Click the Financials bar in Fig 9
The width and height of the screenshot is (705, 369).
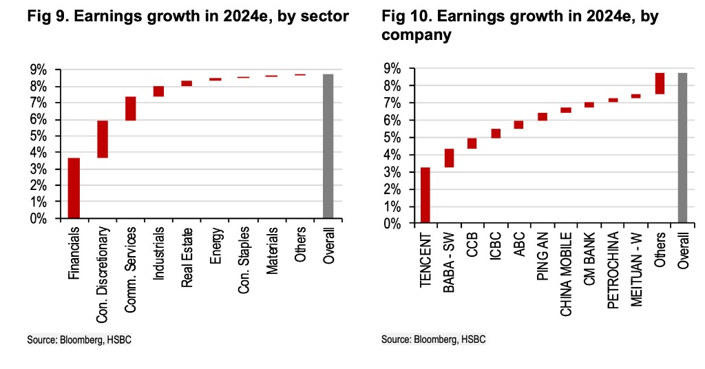[x=74, y=188]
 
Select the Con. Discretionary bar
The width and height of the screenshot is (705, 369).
[x=102, y=139]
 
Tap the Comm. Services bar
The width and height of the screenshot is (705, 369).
[x=130, y=109]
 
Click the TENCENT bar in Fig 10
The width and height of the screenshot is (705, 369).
[x=425, y=196]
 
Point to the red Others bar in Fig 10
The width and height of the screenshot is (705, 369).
[x=660, y=83]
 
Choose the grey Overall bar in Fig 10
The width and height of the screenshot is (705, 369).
[x=683, y=148]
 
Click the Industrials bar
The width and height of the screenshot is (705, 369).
[x=158, y=92]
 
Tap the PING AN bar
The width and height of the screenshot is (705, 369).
[x=543, y=117]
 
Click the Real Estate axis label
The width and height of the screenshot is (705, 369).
[x=187, y=251]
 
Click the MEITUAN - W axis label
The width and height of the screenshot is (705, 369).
[x=636, y=269]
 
